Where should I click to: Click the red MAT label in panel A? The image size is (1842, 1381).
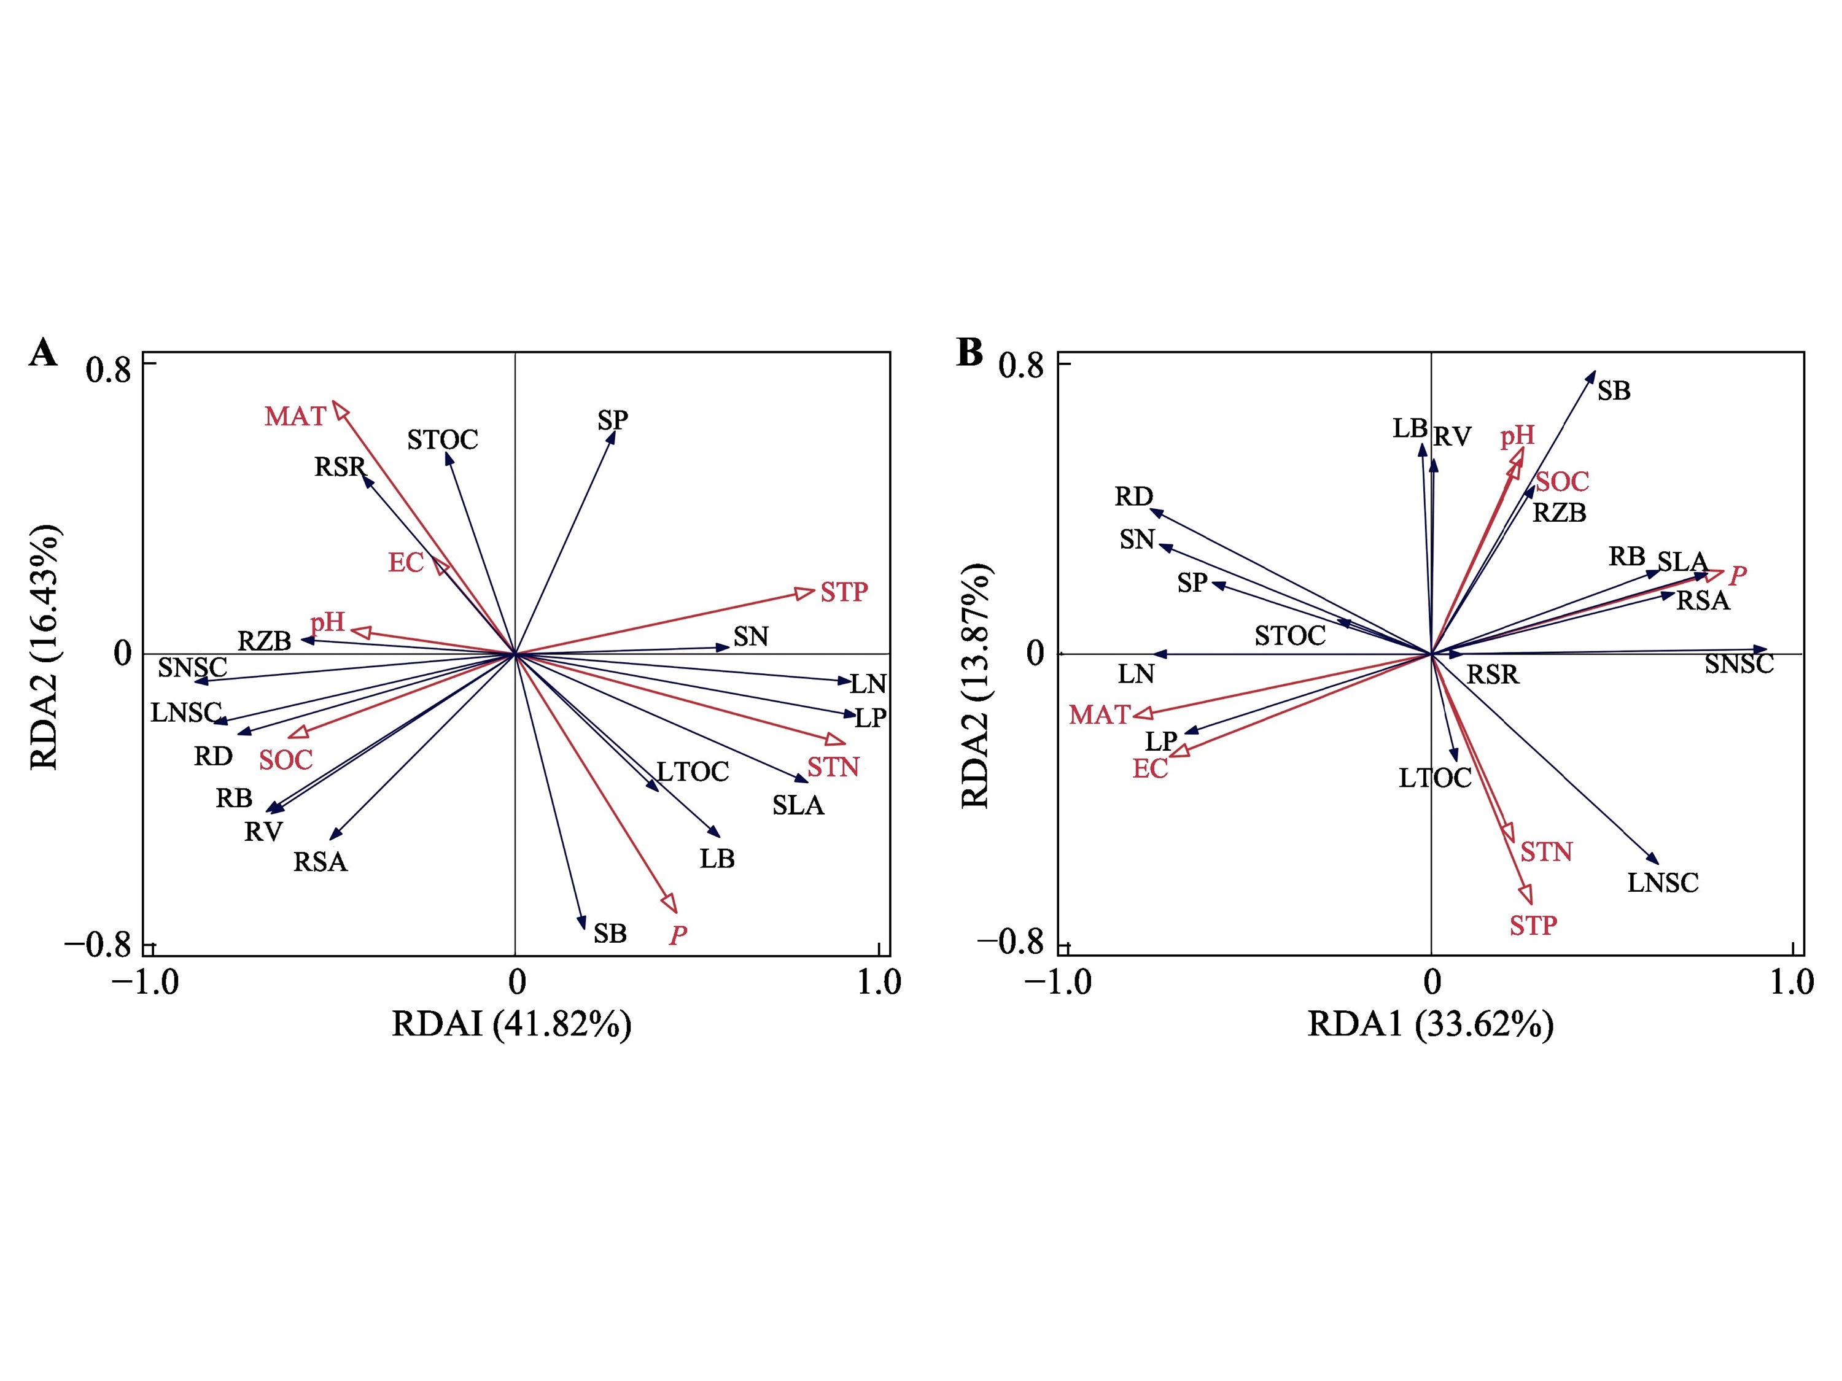[x=295, y=416]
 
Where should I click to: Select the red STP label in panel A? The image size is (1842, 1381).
[x=844, y=593]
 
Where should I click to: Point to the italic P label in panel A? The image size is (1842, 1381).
[x=678, y=935]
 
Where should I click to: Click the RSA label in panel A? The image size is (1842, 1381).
[x=320, y=862]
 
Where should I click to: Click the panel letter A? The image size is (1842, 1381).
[x=44, y=353]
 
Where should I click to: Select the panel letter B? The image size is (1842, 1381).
[x=970, y=352]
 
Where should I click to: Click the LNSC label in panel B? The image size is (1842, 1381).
[x=1662, y=883]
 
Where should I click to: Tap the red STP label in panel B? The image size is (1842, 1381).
[x=1533, y=926]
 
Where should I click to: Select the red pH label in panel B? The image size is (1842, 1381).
[x=1517, y=436]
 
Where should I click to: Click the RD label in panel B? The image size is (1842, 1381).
[x=1133, y=497]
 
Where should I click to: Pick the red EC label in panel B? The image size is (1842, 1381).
[x=1150, y=769]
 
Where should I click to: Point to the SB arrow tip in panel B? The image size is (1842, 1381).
[x=1594, y=372]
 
